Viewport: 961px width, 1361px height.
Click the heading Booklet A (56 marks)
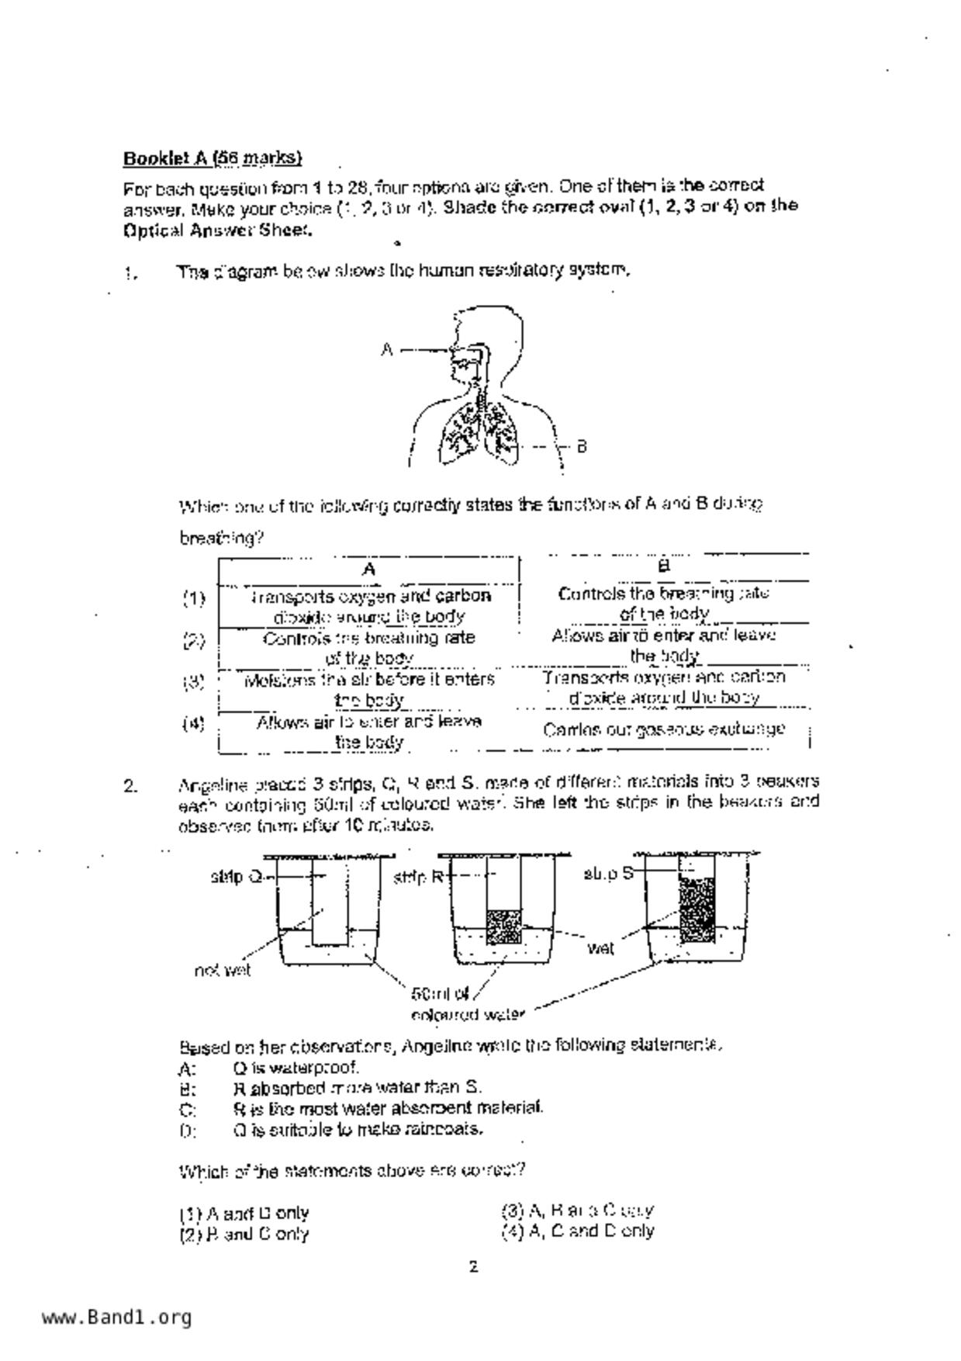click(212, 158)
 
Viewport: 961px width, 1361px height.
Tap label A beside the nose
click(386, 350)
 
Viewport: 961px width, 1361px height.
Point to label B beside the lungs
click(582, 446)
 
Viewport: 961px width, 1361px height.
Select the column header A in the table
click(369, 570)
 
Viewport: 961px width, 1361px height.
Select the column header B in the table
click(664, 566)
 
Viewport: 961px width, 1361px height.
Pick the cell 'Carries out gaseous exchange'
click(664, 729)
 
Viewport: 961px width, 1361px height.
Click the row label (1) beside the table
click(194, 598)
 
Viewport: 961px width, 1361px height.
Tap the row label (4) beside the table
click(194, 724)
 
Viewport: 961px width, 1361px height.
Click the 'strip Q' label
click(236, 877)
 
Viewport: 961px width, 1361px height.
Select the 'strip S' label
click(608, 874)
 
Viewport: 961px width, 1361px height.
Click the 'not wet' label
click(223, 970)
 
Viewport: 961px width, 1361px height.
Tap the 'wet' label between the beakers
click(600, 947)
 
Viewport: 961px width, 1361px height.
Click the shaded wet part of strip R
click(503, 926)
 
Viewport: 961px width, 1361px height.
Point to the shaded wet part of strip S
click(697, 909)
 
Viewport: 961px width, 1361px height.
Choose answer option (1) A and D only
click(244, 1213)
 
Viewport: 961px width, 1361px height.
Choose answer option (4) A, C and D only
click(578, 1231)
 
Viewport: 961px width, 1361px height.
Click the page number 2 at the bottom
click(473, 1268)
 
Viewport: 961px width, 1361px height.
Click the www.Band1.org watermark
click(116, 1318)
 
